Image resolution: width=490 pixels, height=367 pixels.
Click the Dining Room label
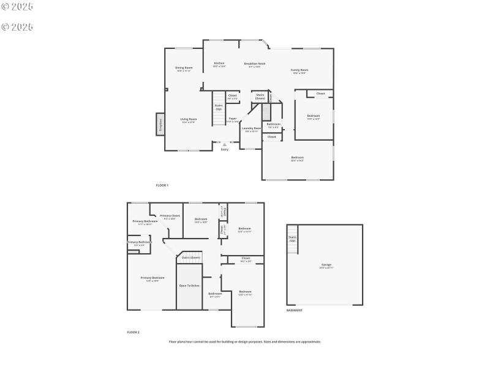pyautogui.click(x=184, y=67)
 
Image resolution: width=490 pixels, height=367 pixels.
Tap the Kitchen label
pyautogui.click(x=219, y=63)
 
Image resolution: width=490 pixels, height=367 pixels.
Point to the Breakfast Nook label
pyautogui.click(x=254, y=64)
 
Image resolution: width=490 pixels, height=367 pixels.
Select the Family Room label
pyautogui.click(x=299, y=70)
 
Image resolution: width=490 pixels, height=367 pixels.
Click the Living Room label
pyautogui.click(x=188, y=119)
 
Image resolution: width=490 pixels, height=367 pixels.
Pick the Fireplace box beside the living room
pyautogui.click(x=160, y=124)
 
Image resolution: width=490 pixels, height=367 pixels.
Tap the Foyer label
pyautogui.click(x=233, y=118)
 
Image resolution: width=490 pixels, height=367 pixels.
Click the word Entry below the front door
pyautogui.click(x=224, y=149)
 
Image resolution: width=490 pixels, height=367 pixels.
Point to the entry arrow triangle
pyautogui.click(x=224, y=144)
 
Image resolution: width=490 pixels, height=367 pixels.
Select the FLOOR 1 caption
pyautogui.click(x=162, y=185)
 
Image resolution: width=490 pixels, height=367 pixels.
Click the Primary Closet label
pyautogui.click(x=170, y=215)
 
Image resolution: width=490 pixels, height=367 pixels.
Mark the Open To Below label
pyautogui.click(x=189, y=285)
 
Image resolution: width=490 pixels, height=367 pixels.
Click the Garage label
pyautogui.click(x=326, y=264)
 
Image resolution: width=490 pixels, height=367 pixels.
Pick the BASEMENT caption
pyautogui.click(x=295, y=310)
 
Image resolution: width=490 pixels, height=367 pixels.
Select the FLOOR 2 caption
pyautogui.click(x=133, y=332)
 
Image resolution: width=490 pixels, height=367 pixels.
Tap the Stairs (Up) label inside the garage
pyautogui.click(x=292, y=239)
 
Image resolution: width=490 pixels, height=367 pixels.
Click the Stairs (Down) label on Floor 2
pyautogui.click(x=191, y=258)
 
